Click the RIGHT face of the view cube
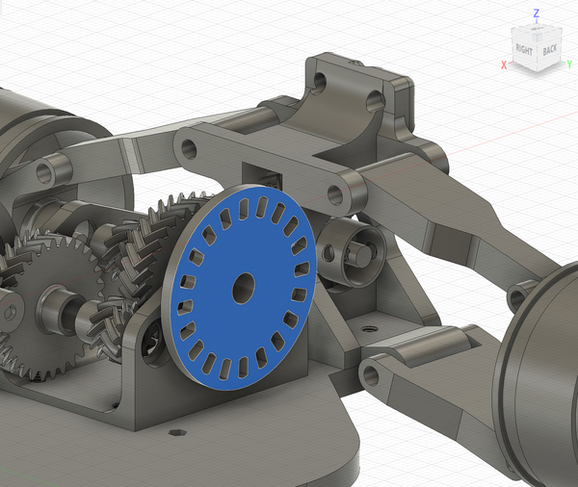coord(524,49)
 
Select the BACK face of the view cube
coord(550,49)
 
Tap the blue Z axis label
coord(537,13)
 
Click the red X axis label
coord(504,65)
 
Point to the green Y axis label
coord(569,64)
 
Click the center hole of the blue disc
coord(244,288)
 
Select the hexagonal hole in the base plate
coord(177,432)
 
